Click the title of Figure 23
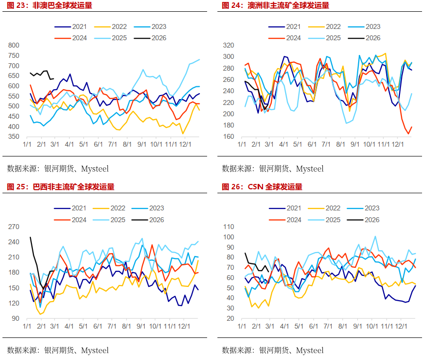pos(49,5)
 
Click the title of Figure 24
pos(275,5)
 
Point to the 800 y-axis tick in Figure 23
pos(14,46)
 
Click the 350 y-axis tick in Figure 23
pos(14,137)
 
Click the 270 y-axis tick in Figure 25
pos(14,227)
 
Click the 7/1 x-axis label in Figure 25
pos(112,326)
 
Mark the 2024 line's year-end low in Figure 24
pos(408,133)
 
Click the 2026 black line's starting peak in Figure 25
pos(30,237)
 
